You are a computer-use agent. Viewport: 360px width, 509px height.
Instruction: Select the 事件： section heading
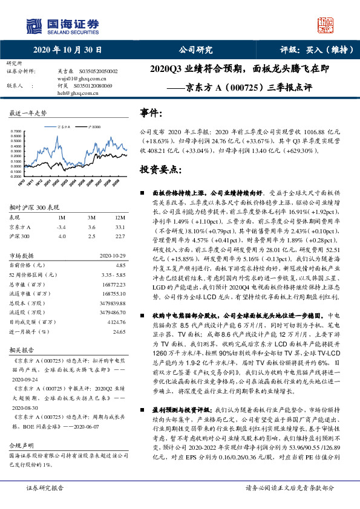(151, 113)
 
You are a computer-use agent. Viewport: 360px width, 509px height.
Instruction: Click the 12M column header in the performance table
(120, 216)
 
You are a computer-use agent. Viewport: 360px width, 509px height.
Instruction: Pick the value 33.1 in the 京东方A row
(120, 227)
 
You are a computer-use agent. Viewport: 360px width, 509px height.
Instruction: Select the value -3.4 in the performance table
(61, 227)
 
